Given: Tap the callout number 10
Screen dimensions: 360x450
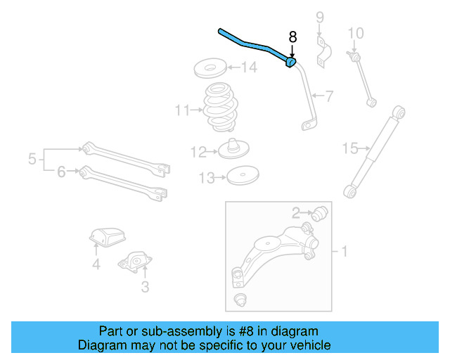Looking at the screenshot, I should (356, 33).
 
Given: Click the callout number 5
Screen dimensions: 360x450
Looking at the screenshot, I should (32, 160).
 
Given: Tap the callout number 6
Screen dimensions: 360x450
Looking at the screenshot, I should (61, 171).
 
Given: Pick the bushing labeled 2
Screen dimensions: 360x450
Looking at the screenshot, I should (321, 212).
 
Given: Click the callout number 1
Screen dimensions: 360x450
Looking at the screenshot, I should (344, 250).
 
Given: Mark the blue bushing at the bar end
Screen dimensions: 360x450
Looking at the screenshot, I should (290, 63).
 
